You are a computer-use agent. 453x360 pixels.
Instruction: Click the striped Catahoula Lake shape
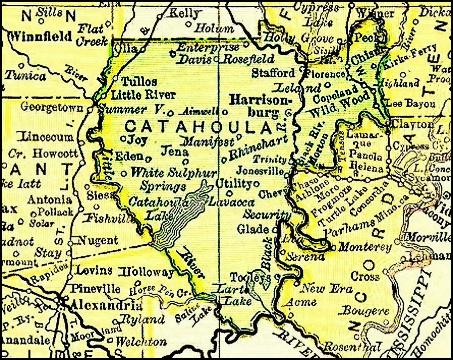180,219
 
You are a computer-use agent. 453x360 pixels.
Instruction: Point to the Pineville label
96,289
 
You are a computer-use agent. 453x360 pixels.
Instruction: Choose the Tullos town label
140,81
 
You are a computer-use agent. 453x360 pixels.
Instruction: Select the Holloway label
148,272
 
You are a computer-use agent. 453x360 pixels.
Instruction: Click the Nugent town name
96,241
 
